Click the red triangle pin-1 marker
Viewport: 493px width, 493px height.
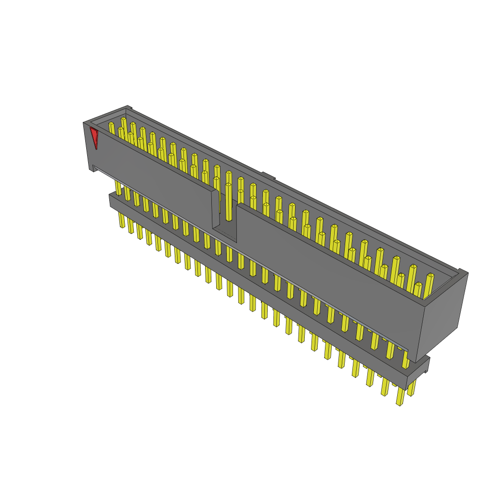[94, 137]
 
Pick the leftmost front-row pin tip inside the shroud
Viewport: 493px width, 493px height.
[111, 125]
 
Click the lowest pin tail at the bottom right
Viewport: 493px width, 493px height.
[400, 397]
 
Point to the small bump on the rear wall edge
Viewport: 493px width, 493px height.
[268, 175]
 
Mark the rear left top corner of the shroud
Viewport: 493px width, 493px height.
[128, 107]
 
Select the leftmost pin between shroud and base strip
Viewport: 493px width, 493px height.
[118, 187]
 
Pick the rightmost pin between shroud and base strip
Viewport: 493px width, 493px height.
[405, 360]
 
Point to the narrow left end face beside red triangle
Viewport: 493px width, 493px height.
[88, 144]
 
